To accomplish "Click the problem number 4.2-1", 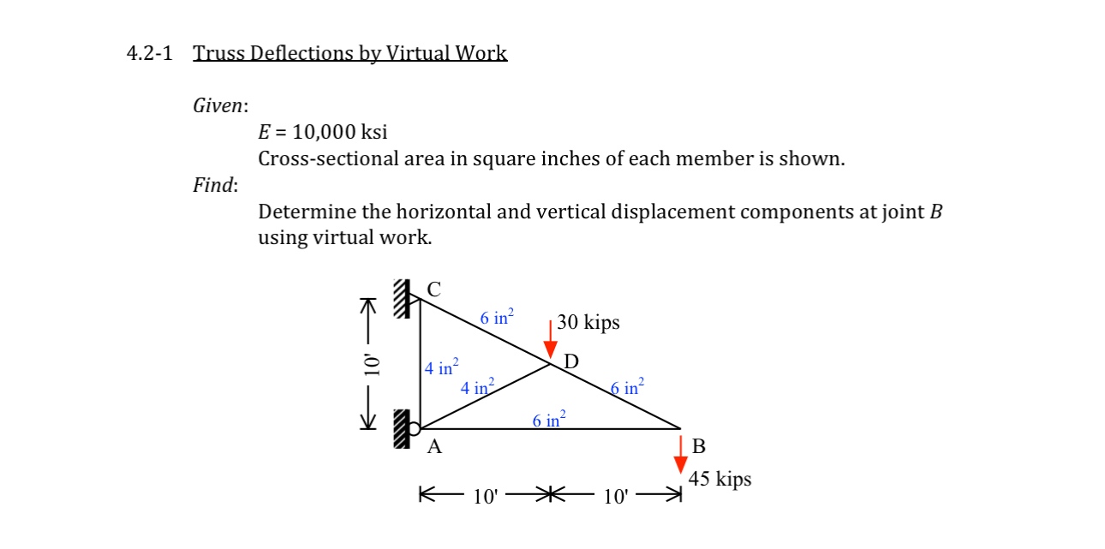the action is pyautogui.click(x=149, y=53).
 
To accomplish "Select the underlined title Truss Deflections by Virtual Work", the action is pyautogui.click(x=349, y=53).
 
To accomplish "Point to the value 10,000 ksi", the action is pyautogui.click(x=340, y=132).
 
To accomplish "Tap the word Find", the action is pyautogui.click(x=215, y=185).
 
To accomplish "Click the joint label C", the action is pyautogui.click(x=433, y=289).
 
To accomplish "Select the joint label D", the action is pyautogui.click(x=570, y=361).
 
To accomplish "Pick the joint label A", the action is pyautogui.click(x=434, y=446).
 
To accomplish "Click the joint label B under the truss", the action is pyautogui.click(x=698, y=446).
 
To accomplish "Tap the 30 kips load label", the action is pyautogui.click(x=588, y=323).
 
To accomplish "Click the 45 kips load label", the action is pyautogui.click(x=720, y=479).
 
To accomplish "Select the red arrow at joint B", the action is pyautogui.click(x=681, y=454).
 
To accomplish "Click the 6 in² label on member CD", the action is pyautogui.click(x=497, y=318).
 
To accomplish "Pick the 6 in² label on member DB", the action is pyautogui.click(x=627, y=386).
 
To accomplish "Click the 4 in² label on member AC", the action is pyautogui.click(x=442, y=367).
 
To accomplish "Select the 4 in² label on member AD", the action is pyautogui.click(x=477, y=386).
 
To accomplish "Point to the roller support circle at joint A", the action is pyautogui.click(x=414, y=428).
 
